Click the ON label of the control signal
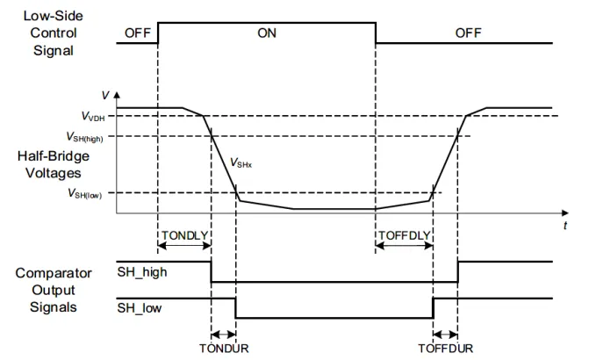pyautogui.click(x=267, y=33)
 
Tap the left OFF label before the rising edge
pyautogui.click(x=138, y=33)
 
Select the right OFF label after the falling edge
pyautogui.click(x=468, y=33)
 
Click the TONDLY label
pyautogui.click(x=185, y=235)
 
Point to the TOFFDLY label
pyautogui.click(x=404, y=235)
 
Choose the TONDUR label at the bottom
pyautogui.click(x=224, y=349)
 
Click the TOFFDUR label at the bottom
pyautogui.click(x=446, y=349)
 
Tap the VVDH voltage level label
pyautogui.click(x=93, y=117)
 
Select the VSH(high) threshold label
pyautogui.click(x=84, y=137)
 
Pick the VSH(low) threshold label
pyautogui.click(x=84, y=194)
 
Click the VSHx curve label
pyautogui.click(x=241, y=163)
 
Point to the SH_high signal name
pyautogui.click(x=142, y=271)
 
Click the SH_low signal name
pyautogui.click(x=140, y=308)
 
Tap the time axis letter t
pyautogui.click(x=565, y=226)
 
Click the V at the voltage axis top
pyautogui.click(x=105, y=96)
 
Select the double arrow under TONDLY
pyautogui.click(x=184, y=246)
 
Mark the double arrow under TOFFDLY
pyautogui.click(x=404, y=246)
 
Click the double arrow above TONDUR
pyautogui.click(x=224, y=334)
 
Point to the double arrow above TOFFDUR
pyautogui.click(x=445, y=334)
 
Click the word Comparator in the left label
pyautogui.click(x=54, y=273)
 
